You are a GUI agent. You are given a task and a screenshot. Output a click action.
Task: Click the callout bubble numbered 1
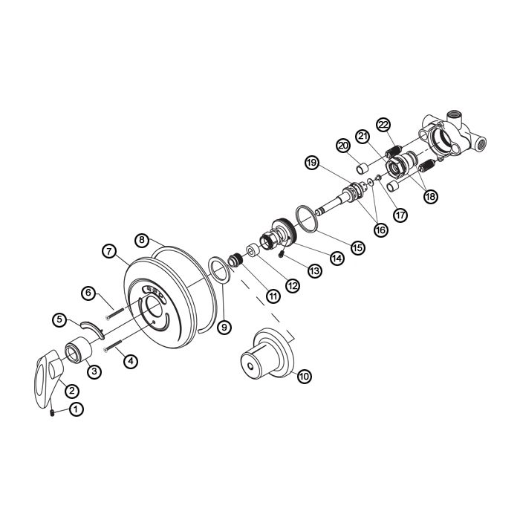tap(77, 409)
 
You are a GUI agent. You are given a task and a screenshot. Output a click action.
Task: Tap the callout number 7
tap(109, 251)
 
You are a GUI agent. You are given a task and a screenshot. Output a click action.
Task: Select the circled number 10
tap(304, 376)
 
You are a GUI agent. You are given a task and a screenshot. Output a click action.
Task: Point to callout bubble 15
tap(358, 247)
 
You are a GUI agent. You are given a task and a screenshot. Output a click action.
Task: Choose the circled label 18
tap(430, 196)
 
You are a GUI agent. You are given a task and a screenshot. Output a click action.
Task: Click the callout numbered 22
tap(383, 125)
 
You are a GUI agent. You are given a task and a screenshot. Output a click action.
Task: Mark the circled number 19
tap(312, 163)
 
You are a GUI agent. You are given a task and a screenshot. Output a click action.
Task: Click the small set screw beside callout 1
tap(52, 413)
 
